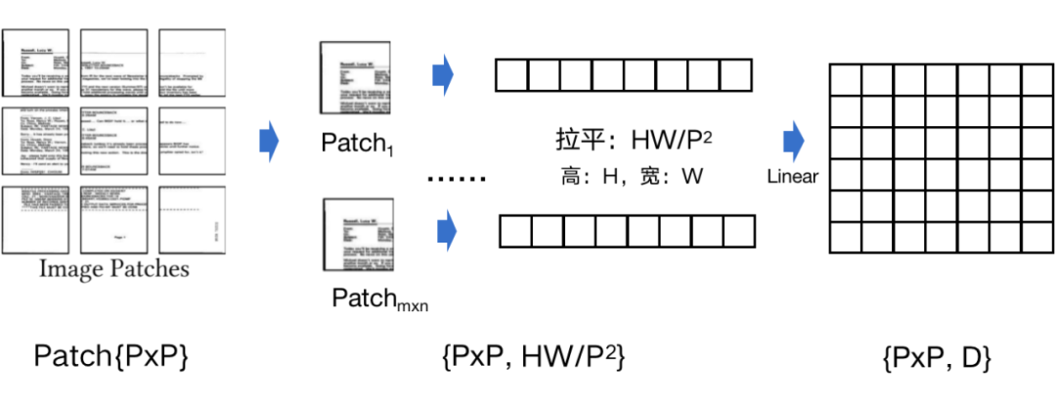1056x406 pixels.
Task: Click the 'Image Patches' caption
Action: pyautogui.click(x=113, y=268)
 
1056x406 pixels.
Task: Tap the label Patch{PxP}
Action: pyautogui.click(x=110, y=358)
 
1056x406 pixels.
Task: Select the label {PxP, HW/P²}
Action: pyautogui.click(x=533, y=358)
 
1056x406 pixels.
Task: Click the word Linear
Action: pyautogui.click(x=792, y=176)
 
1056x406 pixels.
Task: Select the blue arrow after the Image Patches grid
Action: pyautogui.click(x=268, y=143)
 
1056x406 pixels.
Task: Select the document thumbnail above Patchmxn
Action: pyautogui.click(x=360, y=235)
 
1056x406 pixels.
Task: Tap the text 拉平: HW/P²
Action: pyautogui.click(x=628, y=140)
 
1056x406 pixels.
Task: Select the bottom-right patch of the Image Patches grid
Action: pyautogui.click(x=192, y=220)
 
